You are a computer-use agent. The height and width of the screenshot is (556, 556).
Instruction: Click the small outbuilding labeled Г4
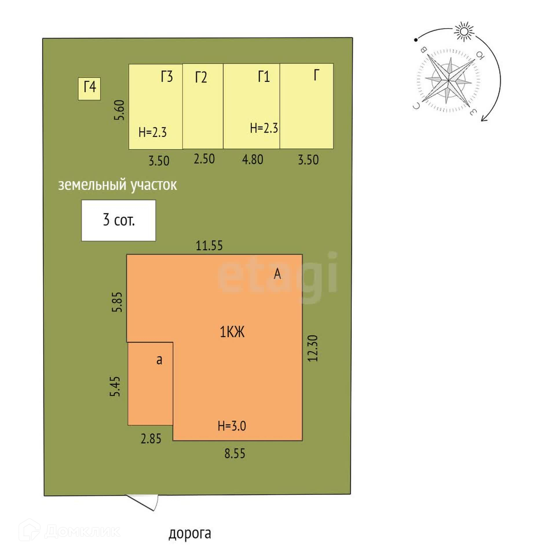89,89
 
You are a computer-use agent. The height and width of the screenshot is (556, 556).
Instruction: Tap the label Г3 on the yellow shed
167,77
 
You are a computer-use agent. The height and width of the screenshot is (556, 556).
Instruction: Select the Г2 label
201,77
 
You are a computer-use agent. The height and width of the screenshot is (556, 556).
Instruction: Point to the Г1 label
264,77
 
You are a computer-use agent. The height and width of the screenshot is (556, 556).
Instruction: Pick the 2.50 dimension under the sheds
204,159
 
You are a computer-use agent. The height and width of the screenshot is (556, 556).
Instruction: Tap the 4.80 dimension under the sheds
253,160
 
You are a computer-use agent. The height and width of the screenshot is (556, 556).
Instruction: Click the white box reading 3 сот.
118,220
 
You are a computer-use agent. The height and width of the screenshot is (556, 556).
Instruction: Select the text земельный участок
117,185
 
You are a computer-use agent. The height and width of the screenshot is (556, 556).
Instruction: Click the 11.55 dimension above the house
209,246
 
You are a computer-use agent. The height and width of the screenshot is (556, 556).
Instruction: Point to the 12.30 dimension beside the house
313,348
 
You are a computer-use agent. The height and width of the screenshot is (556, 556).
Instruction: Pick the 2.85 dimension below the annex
151,439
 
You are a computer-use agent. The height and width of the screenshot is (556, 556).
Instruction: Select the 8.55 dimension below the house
235,453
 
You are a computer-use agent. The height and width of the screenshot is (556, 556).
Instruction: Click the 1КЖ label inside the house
232,332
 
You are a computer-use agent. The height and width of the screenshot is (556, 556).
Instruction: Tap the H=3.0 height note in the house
232,426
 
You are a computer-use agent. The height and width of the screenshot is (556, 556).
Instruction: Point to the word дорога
190,533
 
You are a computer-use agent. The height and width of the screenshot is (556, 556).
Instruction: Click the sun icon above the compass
464,31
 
